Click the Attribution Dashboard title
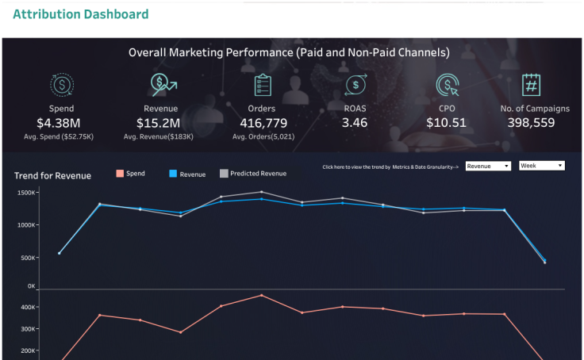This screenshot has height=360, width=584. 80,14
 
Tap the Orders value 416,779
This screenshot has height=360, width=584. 263,123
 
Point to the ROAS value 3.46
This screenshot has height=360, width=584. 354,123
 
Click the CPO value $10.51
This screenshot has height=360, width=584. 446,123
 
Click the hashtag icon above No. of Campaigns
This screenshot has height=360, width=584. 531,85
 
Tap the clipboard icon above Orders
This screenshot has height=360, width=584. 263,85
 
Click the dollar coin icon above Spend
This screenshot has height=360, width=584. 62,85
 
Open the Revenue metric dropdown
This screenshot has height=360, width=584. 488,166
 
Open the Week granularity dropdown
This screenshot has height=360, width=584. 541,166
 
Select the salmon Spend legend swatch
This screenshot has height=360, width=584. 120,174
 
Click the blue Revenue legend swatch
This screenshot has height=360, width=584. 174,174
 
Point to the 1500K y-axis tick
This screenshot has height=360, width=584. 25,193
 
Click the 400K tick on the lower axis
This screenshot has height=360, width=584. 27,308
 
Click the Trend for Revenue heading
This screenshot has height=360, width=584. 52,175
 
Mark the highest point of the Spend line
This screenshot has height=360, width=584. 261,295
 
